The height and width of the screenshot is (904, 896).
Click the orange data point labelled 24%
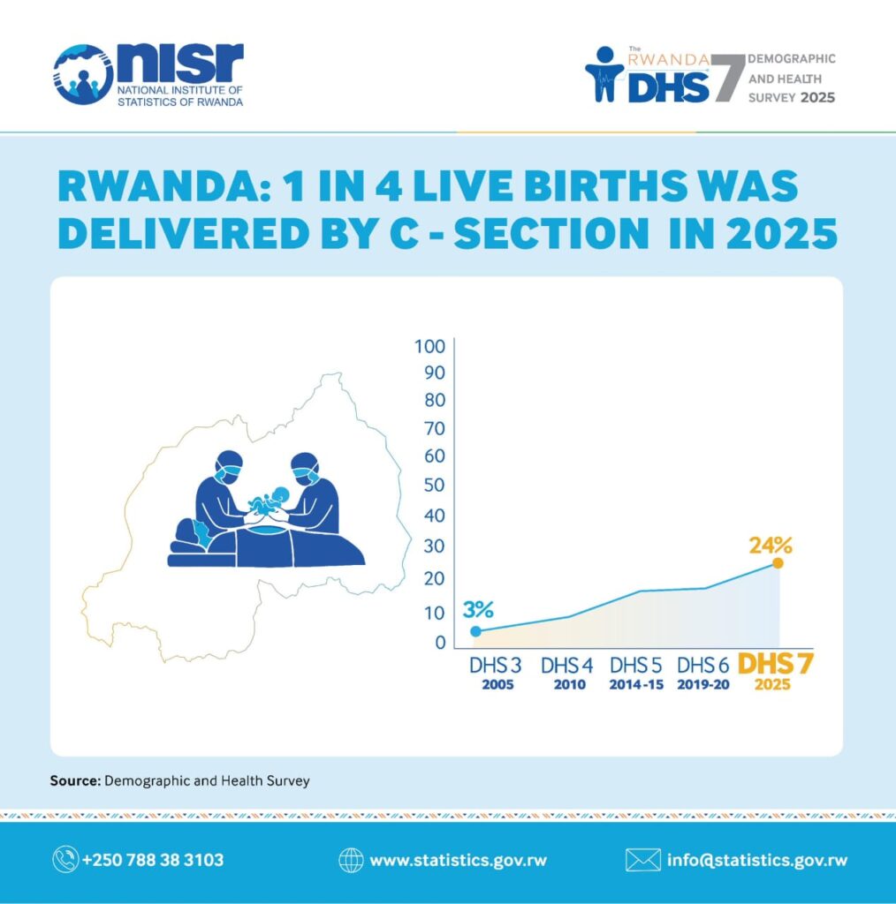point(778,562)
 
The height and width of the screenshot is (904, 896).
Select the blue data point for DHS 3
point(476,631)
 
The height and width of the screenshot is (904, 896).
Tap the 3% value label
point(478,609)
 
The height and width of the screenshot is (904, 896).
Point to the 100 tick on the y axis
point(429,346)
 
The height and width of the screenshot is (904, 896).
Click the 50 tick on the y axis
point(435,485)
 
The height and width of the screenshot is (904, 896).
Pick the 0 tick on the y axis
point(440,643)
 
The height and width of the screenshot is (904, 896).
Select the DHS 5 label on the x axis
point(636,666)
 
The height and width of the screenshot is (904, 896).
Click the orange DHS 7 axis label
point(775,664)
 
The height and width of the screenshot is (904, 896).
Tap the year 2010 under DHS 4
point(569,684)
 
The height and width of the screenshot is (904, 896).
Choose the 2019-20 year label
point(702,684)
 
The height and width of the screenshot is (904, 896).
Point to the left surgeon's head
point(229,468)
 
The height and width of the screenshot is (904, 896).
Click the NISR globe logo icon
point(83,74)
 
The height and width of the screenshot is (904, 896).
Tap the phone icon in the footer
point(65,860)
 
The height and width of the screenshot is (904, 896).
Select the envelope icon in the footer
point(642,860)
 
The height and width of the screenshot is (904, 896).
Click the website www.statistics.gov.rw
point(458,860)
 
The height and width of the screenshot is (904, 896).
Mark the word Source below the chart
point(75,780)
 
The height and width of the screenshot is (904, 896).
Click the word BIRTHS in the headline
point(598,187)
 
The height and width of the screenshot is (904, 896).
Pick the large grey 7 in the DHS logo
point(727,78)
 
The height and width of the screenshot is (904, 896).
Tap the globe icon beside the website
point(351,860)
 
